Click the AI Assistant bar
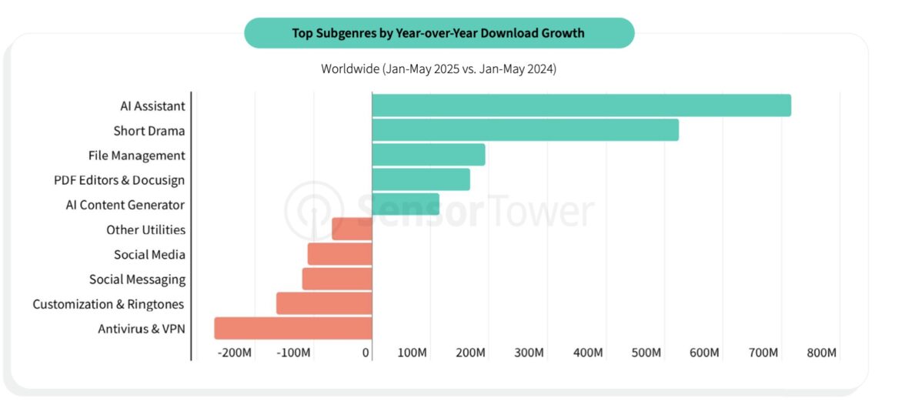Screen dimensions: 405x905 coord(581,105)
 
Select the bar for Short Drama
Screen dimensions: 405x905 coord(525,130)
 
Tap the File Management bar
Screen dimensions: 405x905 coord(429,155)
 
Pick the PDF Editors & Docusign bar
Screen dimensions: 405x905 coord(421,179)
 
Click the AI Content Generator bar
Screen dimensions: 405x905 coord(406,204)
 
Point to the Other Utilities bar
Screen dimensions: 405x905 coord(352,229)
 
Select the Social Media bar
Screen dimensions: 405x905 coord(340,254)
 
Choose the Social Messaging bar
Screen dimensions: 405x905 coord(337,279)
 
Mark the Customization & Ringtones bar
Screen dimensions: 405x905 coord(324,303)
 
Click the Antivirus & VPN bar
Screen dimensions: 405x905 coord(293,328)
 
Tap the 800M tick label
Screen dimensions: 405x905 coord(822,353)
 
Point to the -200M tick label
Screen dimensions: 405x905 coord(235,353)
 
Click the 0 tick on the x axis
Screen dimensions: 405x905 coord(366,353)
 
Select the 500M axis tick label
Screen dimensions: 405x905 coord(646,353)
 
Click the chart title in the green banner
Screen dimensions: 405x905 coord(438,33)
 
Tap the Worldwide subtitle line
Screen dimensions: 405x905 coord(438,69)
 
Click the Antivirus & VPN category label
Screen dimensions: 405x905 coord(142,329)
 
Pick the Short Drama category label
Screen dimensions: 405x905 coord(149,131)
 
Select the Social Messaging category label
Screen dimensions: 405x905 coord(137,279)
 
